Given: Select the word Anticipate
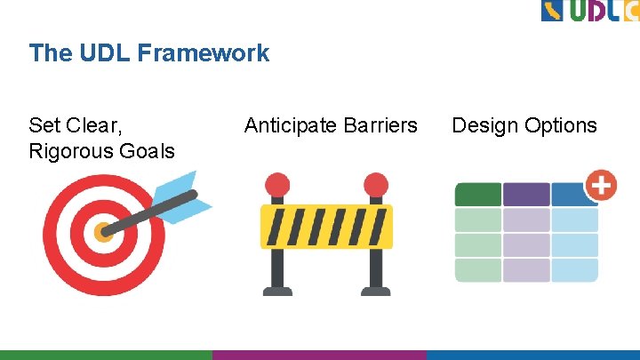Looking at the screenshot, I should point(289,125).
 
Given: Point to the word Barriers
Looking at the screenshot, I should point(378,125).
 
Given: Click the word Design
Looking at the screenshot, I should point(484,125).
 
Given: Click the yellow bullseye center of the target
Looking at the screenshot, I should point(104,233).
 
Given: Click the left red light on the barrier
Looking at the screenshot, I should point(277,185).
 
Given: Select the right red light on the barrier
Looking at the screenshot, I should point(376,185).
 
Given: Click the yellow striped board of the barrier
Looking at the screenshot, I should point(326,227).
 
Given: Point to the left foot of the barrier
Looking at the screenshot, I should point(277,288).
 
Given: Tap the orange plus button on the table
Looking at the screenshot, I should point(601,186).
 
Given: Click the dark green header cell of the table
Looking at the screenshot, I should point(478,195).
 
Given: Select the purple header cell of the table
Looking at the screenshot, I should point(526,195).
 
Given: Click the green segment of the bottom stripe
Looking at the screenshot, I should point(106,355).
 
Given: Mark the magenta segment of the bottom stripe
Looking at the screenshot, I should point(319,355).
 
